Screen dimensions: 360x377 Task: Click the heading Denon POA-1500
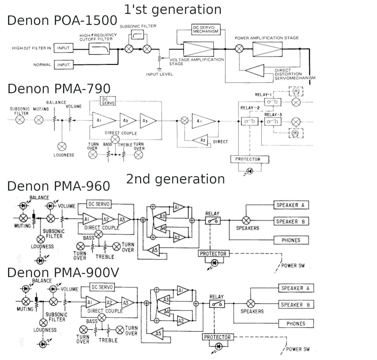pyautogui.click(x=62, y=20)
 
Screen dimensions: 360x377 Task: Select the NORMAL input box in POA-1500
pyautogui.click(x=63, y=64)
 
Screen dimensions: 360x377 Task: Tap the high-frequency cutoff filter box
pyautogui.click(x=99, y=49)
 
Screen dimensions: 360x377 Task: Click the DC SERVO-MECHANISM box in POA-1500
pyautogui.click(x=205, y=29)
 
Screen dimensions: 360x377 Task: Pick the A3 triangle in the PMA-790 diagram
pyautogui.click(x=148, y=120)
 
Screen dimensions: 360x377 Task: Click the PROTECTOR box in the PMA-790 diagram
pyautogui.click(x=250, y=159)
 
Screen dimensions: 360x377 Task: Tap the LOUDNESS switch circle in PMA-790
pyautogui.click(x=62, y=146)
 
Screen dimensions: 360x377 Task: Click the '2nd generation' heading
pyautogui.click(x=175, y=179)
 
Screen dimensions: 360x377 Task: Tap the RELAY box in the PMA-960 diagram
pyautogui.click(x=212, y=221)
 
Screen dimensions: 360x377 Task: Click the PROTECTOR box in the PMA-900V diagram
pyautogui.click(x=217, y=337)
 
